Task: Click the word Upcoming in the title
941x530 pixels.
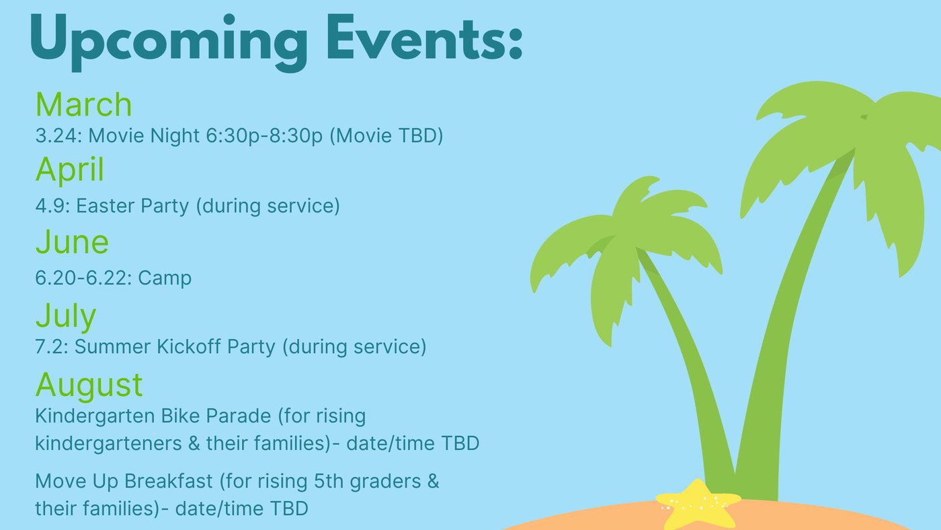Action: pos(169,42)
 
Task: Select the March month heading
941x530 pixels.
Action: pos(83,104)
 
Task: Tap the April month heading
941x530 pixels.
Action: pos(70,169)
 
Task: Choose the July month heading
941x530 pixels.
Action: pos(66,316)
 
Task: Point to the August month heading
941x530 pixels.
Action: pos(89,385)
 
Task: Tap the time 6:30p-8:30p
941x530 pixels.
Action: pos(264,136)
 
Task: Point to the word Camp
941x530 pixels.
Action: pos(165,278)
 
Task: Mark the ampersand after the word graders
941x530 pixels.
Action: pos(433,482)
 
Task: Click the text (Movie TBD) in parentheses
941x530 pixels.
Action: pos(386,136)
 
